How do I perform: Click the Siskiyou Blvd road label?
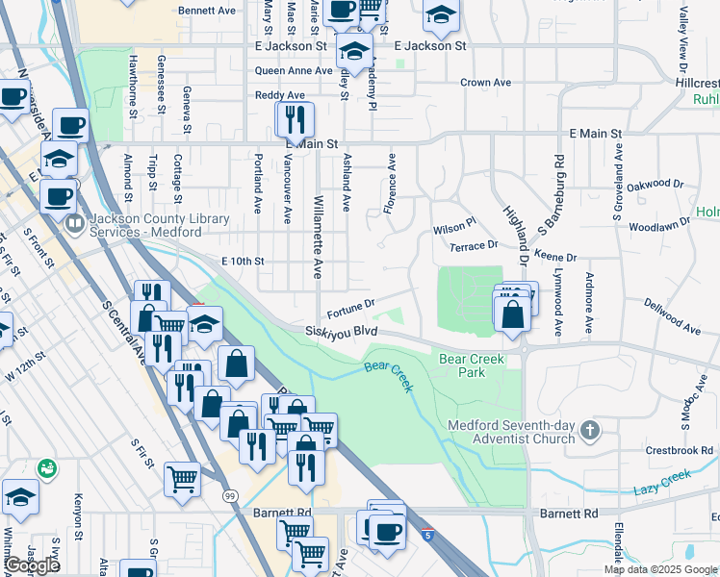tap(340, 331)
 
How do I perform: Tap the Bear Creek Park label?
tap(472, 364)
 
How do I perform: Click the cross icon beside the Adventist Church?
tap(591, 429)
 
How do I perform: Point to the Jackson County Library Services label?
tap(159, 225)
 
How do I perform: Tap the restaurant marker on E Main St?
tap(295, 120)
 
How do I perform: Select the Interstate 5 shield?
tap(426, 532)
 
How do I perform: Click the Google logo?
tap(32, 566)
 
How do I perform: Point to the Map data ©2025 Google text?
tap(660, 569)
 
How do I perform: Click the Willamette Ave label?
tap(318, 236)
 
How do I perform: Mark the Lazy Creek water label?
tap(663, 482)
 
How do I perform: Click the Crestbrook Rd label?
tap(679, 449)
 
